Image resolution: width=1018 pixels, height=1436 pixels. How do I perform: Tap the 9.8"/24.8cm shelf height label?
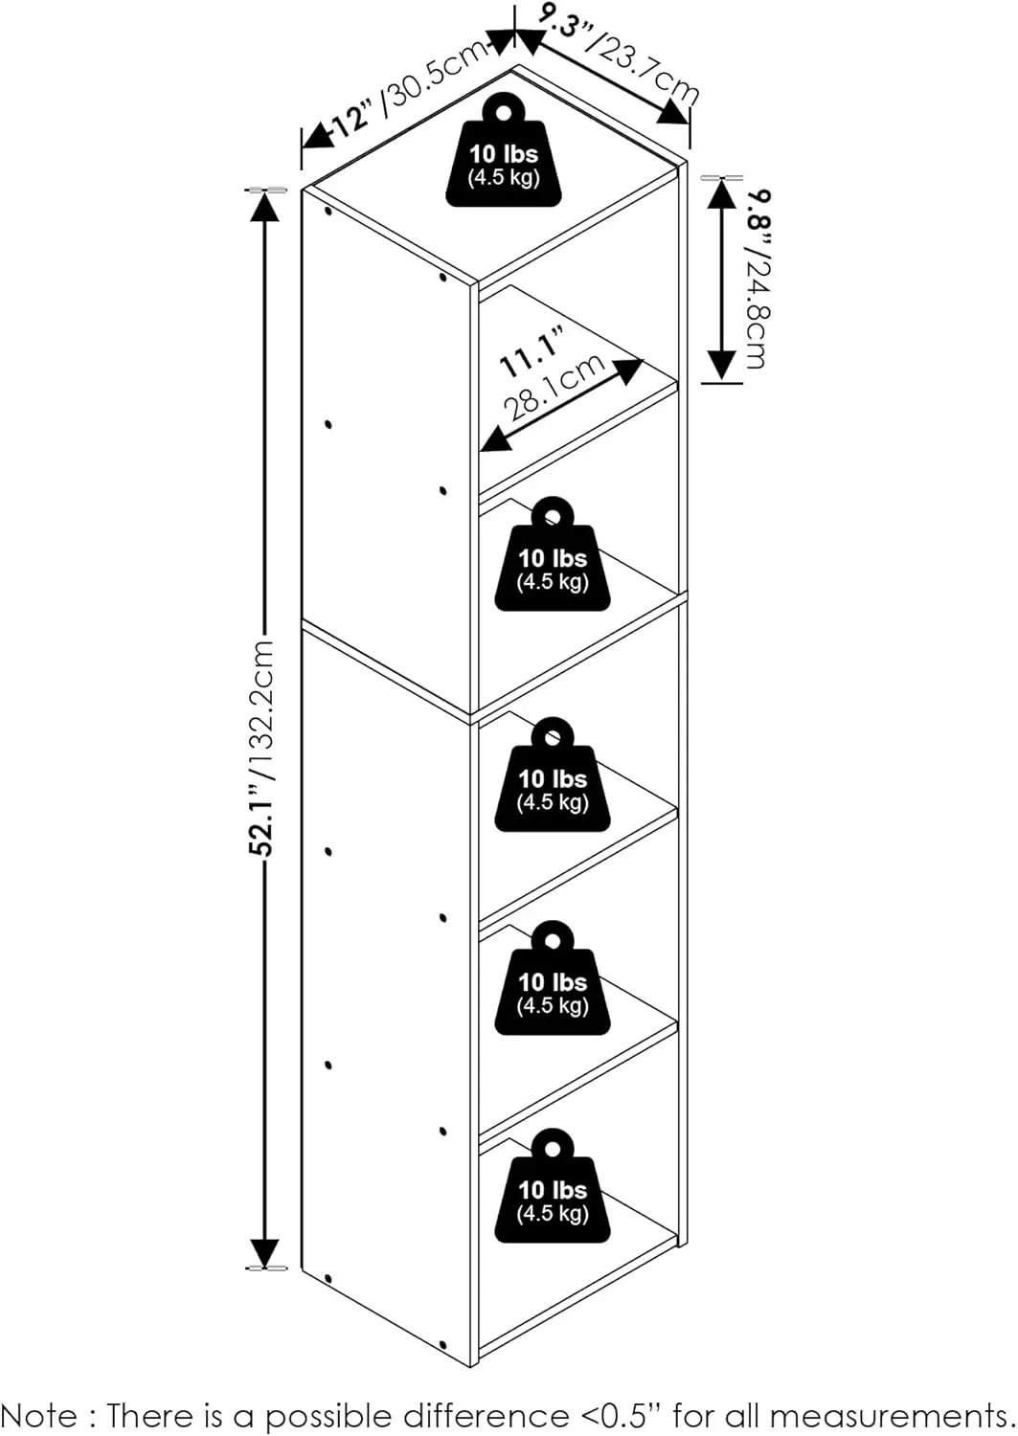(758, 279)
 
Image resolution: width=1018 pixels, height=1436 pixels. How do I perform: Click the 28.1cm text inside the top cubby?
(554, 387)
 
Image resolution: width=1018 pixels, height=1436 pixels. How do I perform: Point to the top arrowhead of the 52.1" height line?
(264, 206)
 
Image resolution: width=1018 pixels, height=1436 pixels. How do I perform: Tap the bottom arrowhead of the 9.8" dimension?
(723, 365)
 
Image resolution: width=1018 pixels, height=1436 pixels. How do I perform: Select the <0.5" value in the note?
(622, 1415)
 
